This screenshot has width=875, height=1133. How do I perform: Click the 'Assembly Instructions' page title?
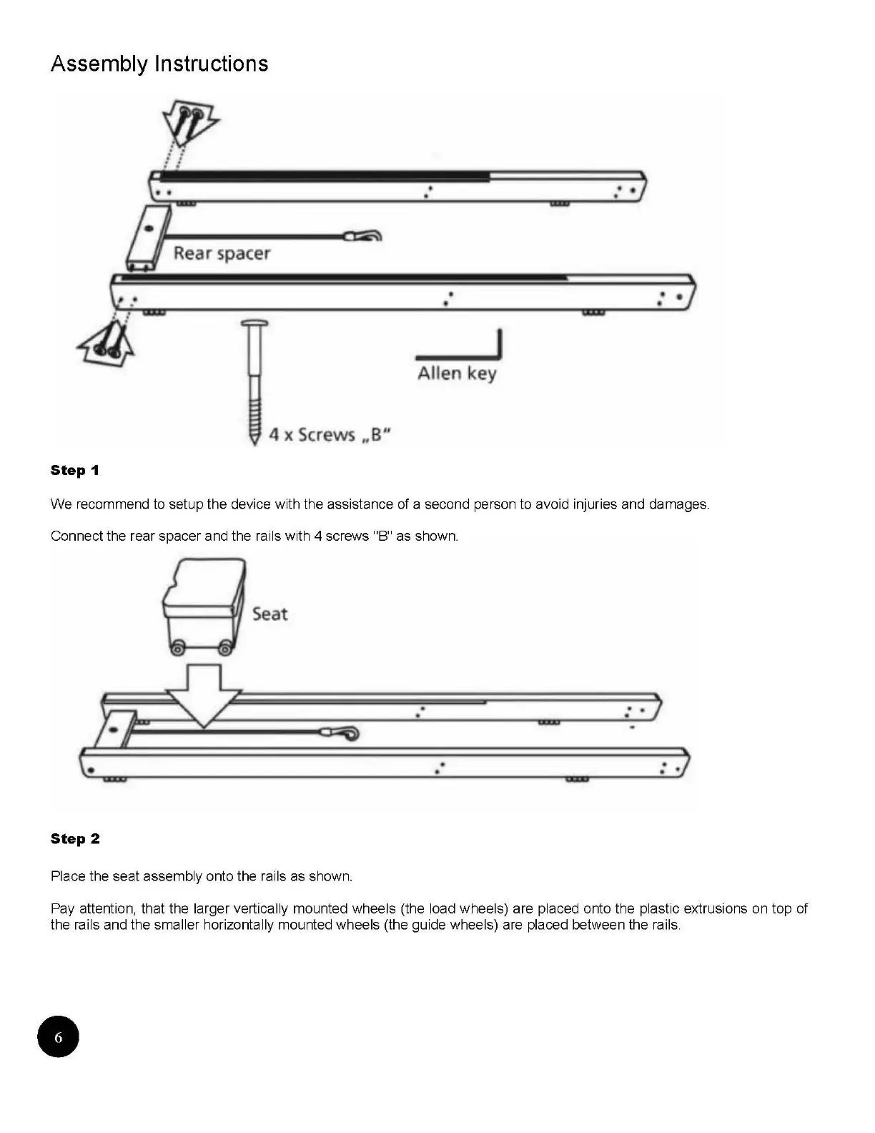click(159, 64)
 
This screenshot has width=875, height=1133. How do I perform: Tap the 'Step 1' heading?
click(75, 471)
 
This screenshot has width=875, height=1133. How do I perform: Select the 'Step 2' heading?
click(75, 839)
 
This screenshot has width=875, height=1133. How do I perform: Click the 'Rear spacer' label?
click(222, 253)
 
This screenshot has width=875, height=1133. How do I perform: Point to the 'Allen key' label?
click(457, 373)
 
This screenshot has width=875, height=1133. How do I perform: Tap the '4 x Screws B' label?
click(330, 435)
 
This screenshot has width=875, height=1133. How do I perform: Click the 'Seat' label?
click(270, 614)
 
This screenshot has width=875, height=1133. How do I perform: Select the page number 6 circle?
click(58, 1036)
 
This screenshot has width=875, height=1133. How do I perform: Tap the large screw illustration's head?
click(254, 325)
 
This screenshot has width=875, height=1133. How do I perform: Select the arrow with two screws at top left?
click(189, 122)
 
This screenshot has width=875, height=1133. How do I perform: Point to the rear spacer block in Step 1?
click(149, 239)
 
